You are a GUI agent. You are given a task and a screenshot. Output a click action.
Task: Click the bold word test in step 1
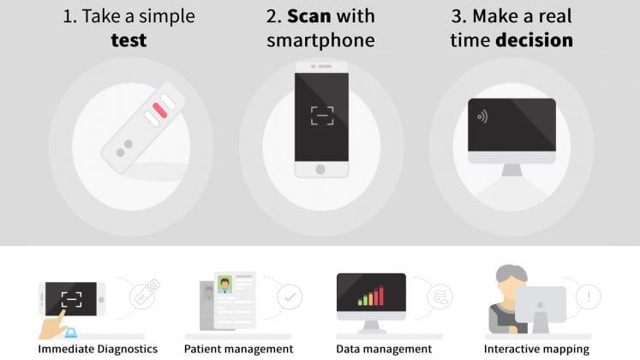point(129,40)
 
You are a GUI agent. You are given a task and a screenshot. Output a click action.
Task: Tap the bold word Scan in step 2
point(309,16)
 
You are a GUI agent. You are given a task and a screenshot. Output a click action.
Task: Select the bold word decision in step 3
point(535,40)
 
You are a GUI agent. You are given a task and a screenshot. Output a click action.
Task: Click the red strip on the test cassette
point(159,111)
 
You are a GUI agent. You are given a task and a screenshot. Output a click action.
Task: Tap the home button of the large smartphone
point(320,170)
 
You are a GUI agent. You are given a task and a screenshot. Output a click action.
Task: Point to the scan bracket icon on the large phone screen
point(322,116)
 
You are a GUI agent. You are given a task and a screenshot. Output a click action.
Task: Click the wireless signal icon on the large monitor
point(482,117)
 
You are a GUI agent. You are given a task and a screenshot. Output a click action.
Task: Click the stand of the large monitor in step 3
point(511,170)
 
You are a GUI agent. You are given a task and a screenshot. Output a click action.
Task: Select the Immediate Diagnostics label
point(98,350)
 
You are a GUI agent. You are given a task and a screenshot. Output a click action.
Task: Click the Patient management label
point(238,350)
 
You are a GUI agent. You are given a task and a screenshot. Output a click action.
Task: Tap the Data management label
point(384,350)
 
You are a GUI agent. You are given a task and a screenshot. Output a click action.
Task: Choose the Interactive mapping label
point(536,350)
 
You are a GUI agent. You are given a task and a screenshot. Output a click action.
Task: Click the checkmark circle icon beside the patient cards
point(290,297)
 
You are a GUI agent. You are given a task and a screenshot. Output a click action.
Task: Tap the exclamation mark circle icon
point(588,297)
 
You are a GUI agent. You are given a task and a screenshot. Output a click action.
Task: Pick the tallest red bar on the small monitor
point(381,296)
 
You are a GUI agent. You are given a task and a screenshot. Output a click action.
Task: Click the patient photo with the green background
point(224,285)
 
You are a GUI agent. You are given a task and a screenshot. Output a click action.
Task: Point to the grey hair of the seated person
point(511,273)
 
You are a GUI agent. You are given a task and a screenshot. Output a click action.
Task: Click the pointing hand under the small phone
point(53,326)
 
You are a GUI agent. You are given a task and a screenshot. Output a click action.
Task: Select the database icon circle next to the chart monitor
point(440,297)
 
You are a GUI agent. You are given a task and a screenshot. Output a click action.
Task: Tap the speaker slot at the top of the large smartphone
point(325,66)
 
